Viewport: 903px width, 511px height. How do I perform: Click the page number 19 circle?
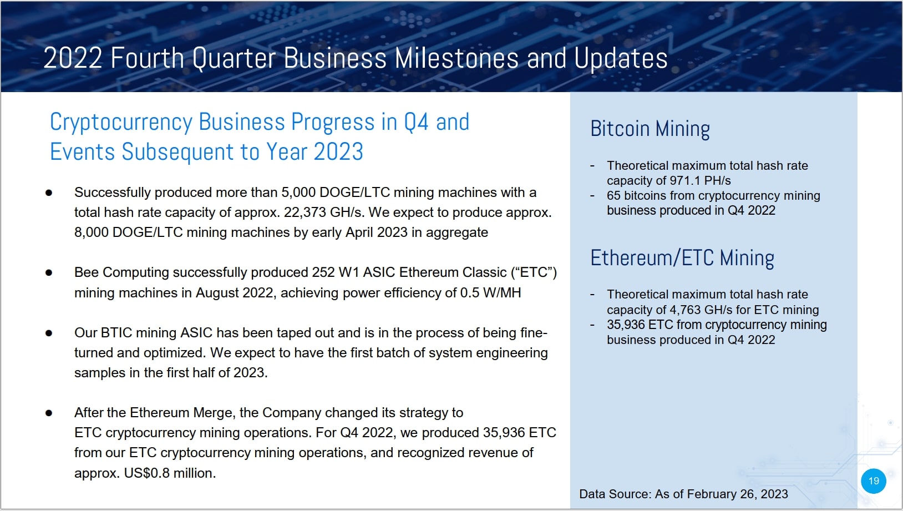[x=873, y=480]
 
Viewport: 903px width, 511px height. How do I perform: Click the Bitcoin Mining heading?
[x=650, y=129]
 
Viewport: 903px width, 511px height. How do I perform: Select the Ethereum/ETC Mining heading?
[x=682, y=258]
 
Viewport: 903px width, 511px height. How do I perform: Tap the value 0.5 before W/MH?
[x=469, y=293]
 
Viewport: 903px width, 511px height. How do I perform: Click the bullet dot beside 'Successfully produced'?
[x=49, y=193]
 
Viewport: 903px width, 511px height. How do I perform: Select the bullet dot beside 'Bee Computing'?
[x=49, y=272]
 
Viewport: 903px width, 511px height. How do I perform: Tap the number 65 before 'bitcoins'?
[x=613, y=196]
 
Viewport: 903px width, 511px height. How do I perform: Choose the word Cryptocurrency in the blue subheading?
[x=120, y=123]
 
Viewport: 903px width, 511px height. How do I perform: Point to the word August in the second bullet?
[x=217, y=293]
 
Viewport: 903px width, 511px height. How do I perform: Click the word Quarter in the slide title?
[x=234, y=59]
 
